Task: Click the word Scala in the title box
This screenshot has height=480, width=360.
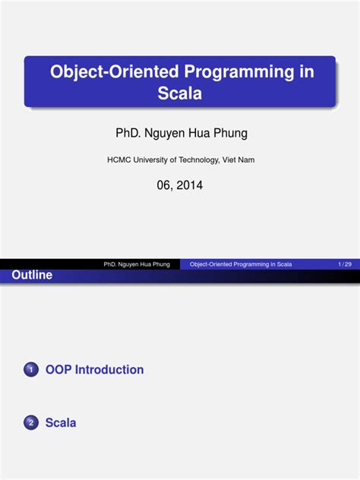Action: (180, 94)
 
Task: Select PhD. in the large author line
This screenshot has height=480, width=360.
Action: (128, 134)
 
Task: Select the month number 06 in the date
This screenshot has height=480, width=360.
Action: (165, 185)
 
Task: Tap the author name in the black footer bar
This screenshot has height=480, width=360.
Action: (137, 264)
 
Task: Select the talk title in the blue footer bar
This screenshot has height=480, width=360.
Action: (241, 264)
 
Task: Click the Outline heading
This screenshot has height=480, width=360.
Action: (32, 276)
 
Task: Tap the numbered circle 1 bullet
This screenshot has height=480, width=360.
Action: (30, 371)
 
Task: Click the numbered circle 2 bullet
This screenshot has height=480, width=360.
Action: (30, 424)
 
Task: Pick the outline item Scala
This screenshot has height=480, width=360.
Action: (61, 423)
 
